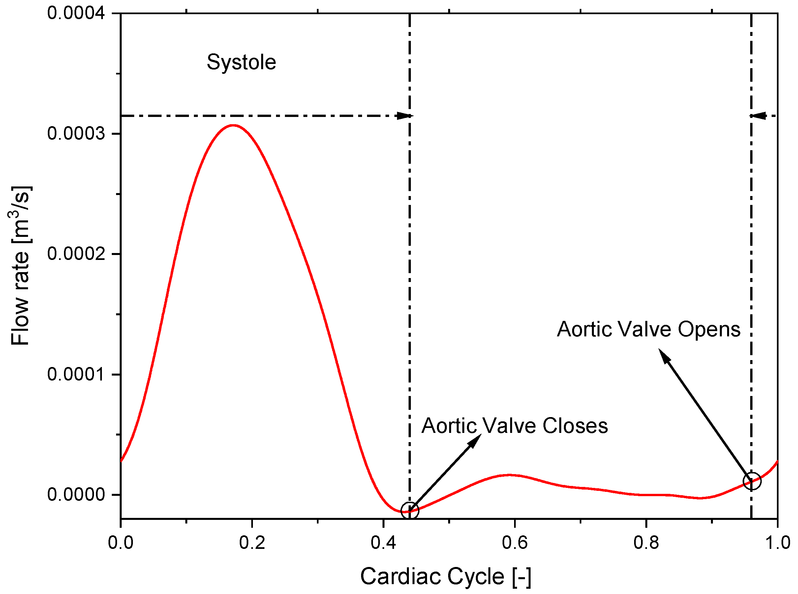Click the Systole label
coord(241,62)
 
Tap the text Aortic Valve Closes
coord(514,426)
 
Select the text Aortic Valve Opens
coord(649,329)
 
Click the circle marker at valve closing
coord(410,511)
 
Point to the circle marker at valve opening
coord(752,481)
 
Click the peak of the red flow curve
coord(233,126)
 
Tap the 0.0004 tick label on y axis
coord(76,13)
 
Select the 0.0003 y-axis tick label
coord(76,134)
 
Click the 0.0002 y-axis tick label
coord(76,254)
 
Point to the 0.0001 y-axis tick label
coord(76,375)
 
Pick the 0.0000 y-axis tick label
coord(76,495)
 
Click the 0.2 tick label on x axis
coord(252,542)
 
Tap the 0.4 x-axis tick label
coord(384,542)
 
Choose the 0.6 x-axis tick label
coord(515,542)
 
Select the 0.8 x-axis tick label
coord(646,542)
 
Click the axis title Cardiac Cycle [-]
coord(445,577)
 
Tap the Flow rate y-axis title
coord(20,266)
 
